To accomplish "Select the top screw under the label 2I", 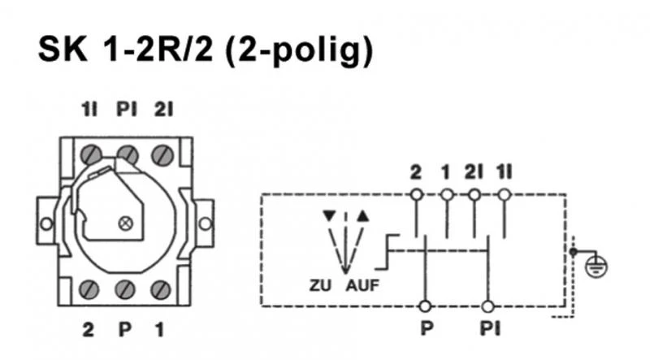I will pos(162,152).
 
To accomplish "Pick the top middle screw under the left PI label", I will pos(126,152).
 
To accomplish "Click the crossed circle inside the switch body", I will pos(124,222).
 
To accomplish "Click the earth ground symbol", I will pos(602,265).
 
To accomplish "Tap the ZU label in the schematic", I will pos(320,286).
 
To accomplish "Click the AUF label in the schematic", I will pos(362,286).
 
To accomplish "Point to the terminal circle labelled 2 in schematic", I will pos(416,194).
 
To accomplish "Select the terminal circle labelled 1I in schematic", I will pos(505,194).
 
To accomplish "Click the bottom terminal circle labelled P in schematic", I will pos(423,306).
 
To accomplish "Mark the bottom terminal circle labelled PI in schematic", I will pos(487,306).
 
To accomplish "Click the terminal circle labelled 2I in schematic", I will pos(475,194).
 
